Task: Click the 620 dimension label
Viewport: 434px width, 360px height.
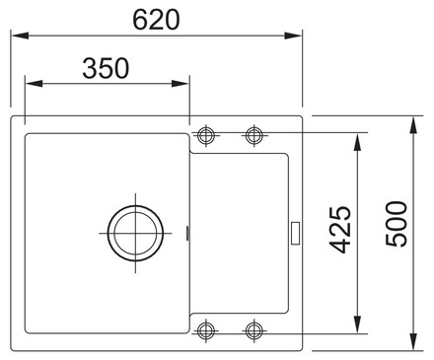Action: click(x=156, y=20)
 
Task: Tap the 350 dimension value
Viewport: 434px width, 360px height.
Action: click(x=106, y=68)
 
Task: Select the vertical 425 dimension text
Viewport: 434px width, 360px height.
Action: click(x=340, y=230)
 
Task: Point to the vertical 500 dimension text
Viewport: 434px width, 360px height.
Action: click(x=397, y=224)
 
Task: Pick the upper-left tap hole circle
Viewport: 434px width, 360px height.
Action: click(x=206, y=135)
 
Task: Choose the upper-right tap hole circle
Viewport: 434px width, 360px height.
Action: click(x=253, y=135)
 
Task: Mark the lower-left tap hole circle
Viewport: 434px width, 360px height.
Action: click(x=206, y=330)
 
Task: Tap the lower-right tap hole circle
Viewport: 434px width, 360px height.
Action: click(x=253, y=330)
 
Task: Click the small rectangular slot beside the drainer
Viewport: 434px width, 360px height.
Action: click(x=295, y=233)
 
